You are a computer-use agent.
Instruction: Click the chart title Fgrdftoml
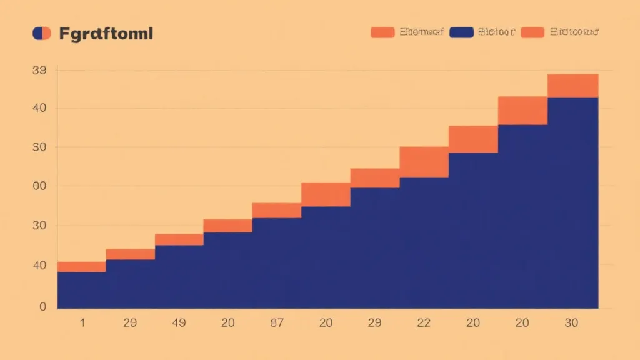pos(106,34)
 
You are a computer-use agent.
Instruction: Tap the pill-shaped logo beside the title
pos(42,34)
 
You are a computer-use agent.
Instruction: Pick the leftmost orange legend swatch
pos(382,32)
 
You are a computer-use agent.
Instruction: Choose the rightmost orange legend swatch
pos(532,32)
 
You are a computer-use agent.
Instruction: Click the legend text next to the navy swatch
pos(496,32)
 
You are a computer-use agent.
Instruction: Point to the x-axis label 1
pos(81,323)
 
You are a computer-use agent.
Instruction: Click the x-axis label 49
pos(179,323)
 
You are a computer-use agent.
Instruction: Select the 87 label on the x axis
pos(277,323)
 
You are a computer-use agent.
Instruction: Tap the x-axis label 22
pos(424,323)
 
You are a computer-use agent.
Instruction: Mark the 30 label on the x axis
pos(571,323)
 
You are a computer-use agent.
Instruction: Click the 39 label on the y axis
pos(39,71)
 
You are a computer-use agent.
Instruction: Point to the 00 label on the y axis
pos(39,186)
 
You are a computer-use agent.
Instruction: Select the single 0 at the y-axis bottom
pos(42,307)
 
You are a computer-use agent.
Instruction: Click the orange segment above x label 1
pos(81,267)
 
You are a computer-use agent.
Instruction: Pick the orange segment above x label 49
pos(179,239)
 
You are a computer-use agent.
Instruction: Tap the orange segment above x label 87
pos(277,211)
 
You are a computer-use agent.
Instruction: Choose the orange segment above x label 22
pos(424,162)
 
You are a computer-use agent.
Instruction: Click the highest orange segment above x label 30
pos(573,86)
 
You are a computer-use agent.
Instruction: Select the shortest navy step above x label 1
pos(81,290)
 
